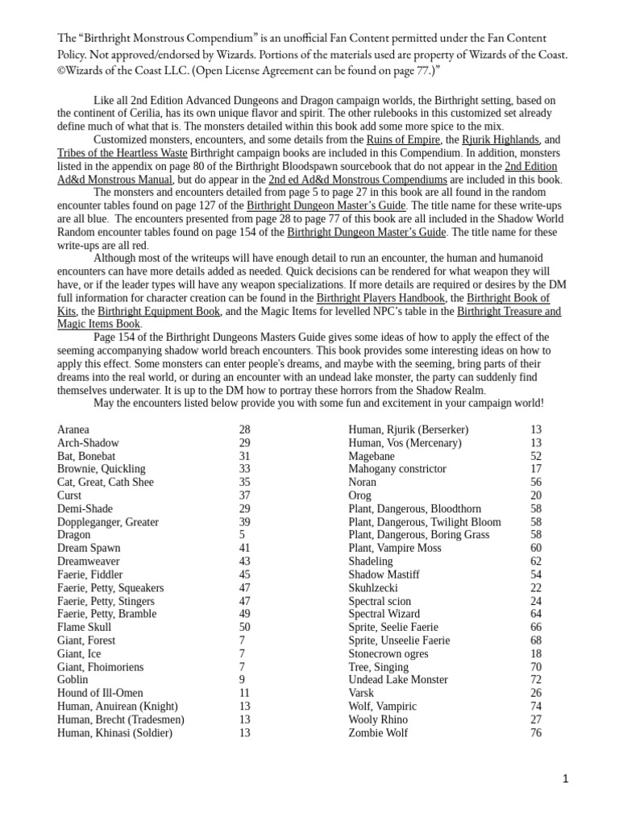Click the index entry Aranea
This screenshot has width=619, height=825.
click(x=73, y=429)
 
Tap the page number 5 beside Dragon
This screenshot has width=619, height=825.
click(x=242, y=535)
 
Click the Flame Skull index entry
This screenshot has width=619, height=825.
click(x=85, y=627)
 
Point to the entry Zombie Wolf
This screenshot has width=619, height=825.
click(x=378, y=732)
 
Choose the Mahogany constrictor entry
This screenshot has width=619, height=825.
click(x=397, y=469)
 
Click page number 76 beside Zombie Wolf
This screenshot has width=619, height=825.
click(x=536, y=732)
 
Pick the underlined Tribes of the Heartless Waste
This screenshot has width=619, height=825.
click(x=123, y=152)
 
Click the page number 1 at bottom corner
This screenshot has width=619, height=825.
click(x=566, y=778)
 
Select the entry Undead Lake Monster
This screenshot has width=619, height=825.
click(x=398, y=680)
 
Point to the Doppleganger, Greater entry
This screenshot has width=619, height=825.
click(x=108, y=522)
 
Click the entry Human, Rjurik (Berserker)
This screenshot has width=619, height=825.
click(x=408, y=429)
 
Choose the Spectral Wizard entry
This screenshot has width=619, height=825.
click(x=384, y=614)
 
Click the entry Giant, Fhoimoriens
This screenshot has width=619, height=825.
click(x=101, y=667)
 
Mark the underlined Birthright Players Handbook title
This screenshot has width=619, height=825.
click(x=380, y=297)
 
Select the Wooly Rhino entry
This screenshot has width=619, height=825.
click(x=378, y=719)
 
